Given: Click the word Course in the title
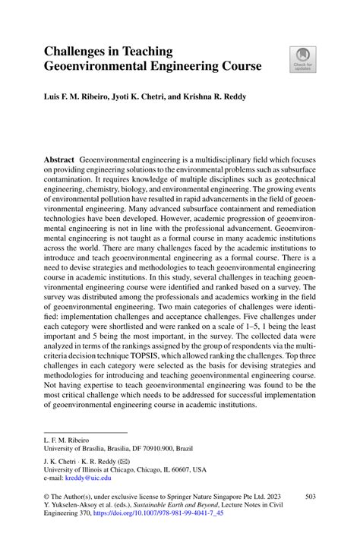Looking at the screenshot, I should point(238,67).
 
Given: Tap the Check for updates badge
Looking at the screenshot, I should point(302,58).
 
